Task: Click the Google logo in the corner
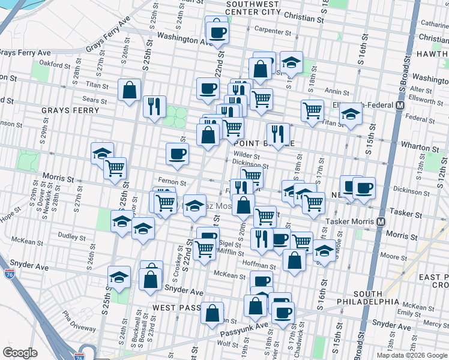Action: [x=20, y=353]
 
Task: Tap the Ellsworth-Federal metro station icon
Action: [x=399, y=106]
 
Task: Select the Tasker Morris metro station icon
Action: [x=381, y=221]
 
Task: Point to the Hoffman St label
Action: [x=259, y=264]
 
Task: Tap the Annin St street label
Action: [x=337, y=92]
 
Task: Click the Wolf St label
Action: [x=228, y=344]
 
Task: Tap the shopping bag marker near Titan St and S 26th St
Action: [x=130, y=91]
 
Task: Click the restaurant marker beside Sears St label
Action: [x=155, y=106]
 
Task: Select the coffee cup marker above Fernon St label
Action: [x=178, y=154]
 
